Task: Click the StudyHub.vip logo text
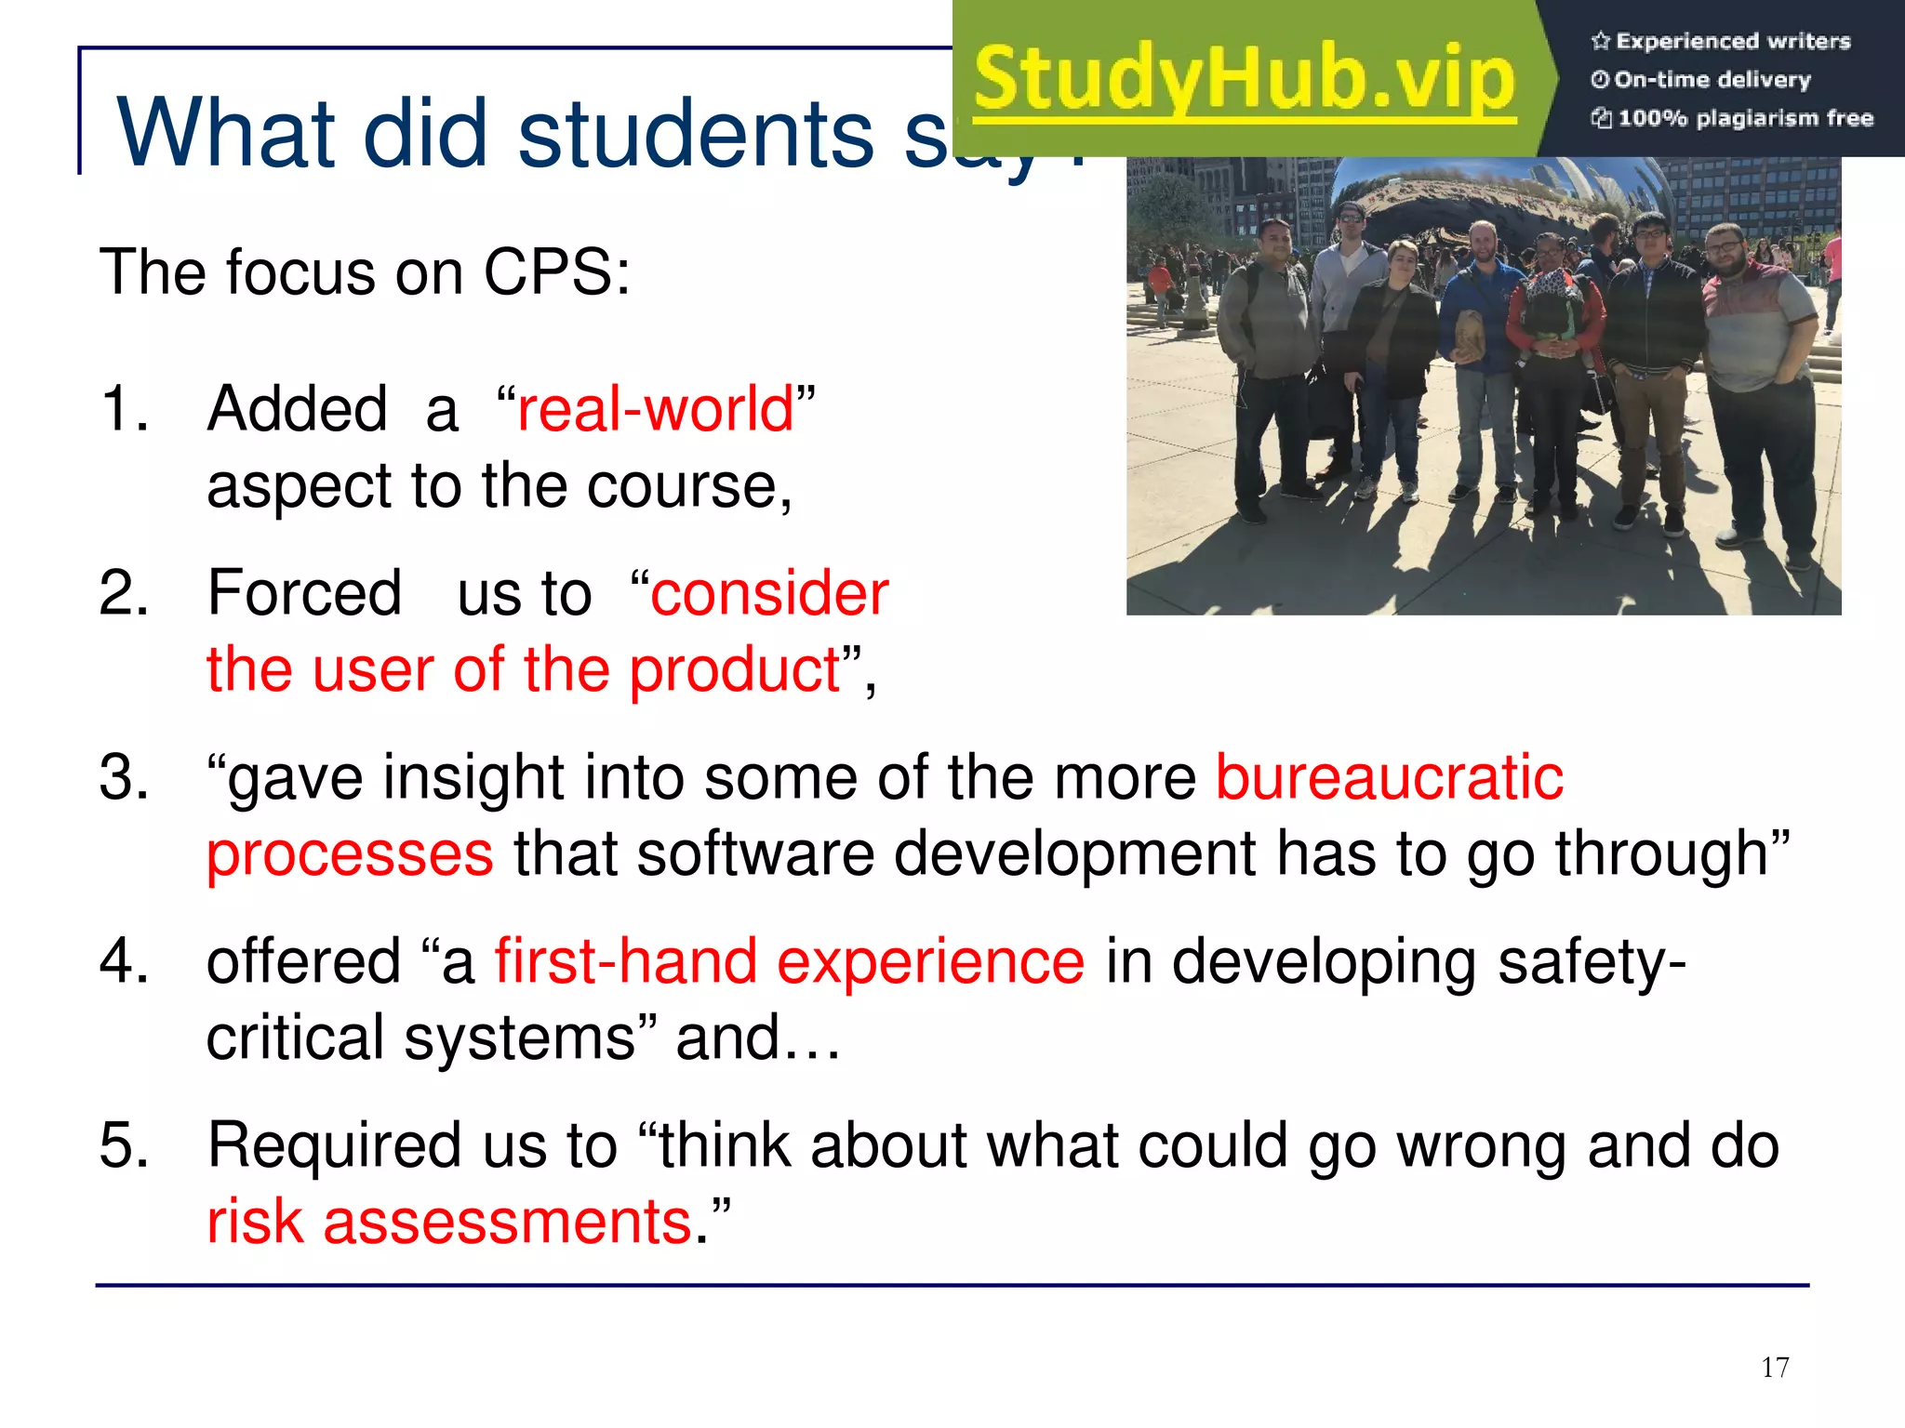click(x=1245, y=79)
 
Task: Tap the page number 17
click(x=1775, y=1368)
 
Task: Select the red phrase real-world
click(x=656, y=409)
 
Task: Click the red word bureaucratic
click(x=1390, y=777)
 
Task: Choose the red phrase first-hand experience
click(x=789, y=961)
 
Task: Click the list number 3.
click(x=124, y=777)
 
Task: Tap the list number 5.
click(x=124, y=1144)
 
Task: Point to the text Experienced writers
click(x=1732, y=41)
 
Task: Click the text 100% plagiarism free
click(x=1744, y=118)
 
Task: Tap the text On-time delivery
click(x=1712, y=80)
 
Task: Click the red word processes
click(x=350, y=854)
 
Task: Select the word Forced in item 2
click(x=304, y=593)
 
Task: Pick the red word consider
click(x=769, y=593)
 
